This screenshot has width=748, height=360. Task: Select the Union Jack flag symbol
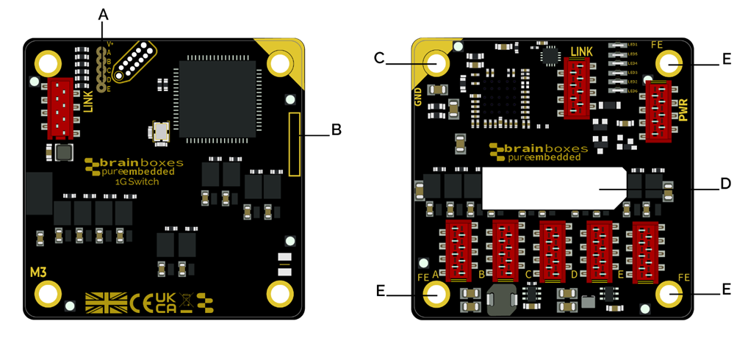click(x=106, y=302)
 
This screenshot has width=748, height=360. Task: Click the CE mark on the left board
click(x=140, y=302)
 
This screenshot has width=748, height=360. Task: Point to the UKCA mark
click(x=165, y=302)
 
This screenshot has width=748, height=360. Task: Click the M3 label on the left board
click(x=38, y=273)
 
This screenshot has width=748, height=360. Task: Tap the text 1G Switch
click(x=137, y=181)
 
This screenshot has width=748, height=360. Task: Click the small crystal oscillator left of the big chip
click(x=159, y=132)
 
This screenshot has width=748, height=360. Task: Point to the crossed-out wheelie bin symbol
click(x=186, y=300)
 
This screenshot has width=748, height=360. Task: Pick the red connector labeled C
click(x=553, y=251)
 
